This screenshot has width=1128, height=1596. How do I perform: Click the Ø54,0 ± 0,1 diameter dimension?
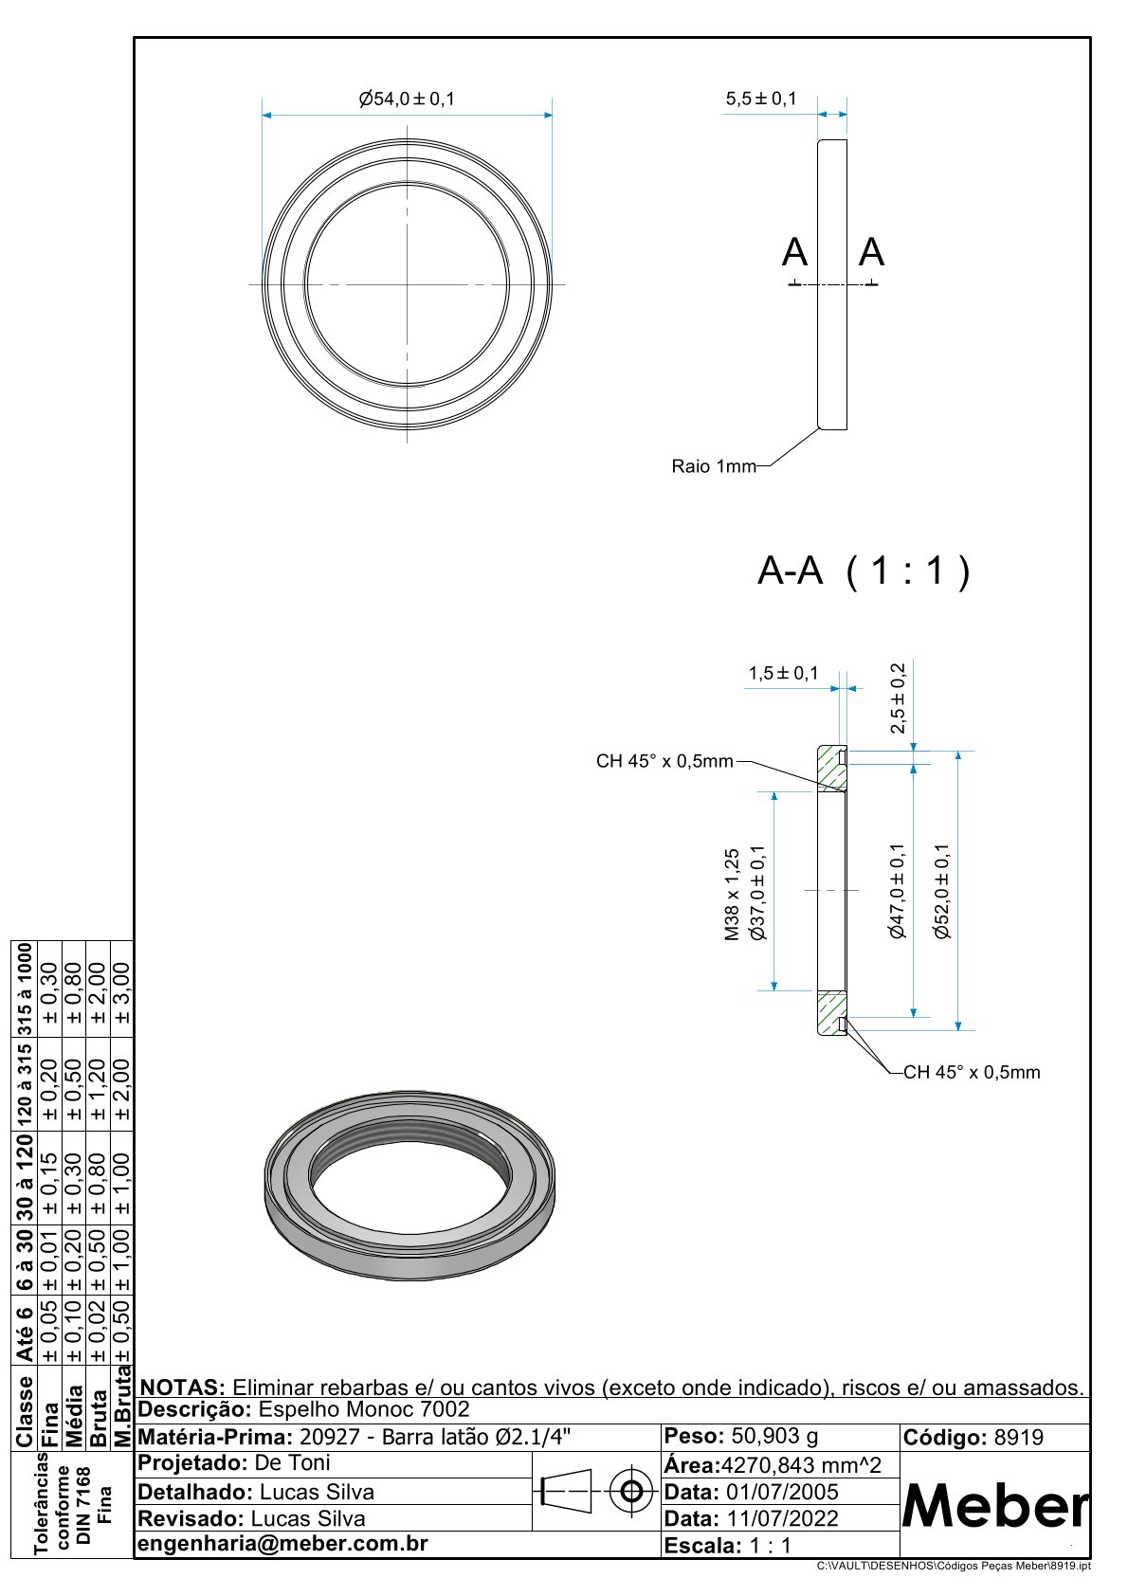point(407,99)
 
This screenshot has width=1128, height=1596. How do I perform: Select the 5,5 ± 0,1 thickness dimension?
point(761,99)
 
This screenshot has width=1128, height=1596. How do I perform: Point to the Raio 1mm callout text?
point(714,466)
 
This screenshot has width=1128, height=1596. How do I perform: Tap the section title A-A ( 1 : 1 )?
point(864,571)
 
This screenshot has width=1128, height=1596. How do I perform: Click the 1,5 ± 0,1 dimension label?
point(783,674)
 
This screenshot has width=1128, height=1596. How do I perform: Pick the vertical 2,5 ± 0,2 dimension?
point(898,698)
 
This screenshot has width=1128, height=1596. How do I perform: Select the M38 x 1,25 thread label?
point(732,894)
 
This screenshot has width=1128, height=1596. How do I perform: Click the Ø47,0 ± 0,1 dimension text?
point(898,891)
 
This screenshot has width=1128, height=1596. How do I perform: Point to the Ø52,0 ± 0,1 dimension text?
point(941,891)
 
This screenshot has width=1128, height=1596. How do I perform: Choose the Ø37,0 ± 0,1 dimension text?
point(757,894)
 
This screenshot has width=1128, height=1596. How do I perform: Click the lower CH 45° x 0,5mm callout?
point(972,1073)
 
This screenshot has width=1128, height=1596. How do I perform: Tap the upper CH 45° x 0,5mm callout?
point(664,761)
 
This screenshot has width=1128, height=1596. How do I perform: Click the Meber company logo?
point(995,1506)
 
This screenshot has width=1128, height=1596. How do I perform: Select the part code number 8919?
point(1018,1438)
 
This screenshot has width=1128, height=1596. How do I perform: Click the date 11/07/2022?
point(782,1518)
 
